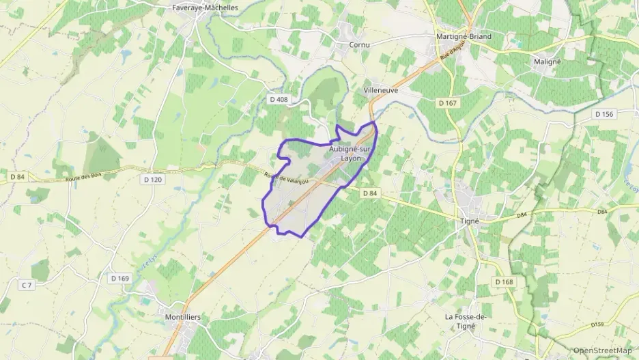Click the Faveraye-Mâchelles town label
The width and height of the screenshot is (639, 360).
[x=205, y=8]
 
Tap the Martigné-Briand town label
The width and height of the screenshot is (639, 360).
[x=464, y=37]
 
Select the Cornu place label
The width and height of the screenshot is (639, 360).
[x=359, y=45]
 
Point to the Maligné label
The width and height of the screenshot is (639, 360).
[x=546, y=61]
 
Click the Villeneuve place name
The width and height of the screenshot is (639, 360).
[x=381, y=90]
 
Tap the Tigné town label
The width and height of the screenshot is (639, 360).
[x=469, y=221]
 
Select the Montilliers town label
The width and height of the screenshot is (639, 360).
[x=182, y=317]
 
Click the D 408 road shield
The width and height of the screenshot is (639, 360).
[x=279, y=100]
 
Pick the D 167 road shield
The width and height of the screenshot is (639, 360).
[x=447, y=102]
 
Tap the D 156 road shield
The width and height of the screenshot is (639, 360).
[x=604, y=114]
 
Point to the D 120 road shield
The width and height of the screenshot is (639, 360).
[x=154, y=180]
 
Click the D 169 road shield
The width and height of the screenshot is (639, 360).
[x=120, y=278]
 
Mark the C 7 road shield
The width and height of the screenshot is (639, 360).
[x=27, y=285]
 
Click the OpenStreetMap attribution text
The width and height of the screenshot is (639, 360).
[x=602, y=350]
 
